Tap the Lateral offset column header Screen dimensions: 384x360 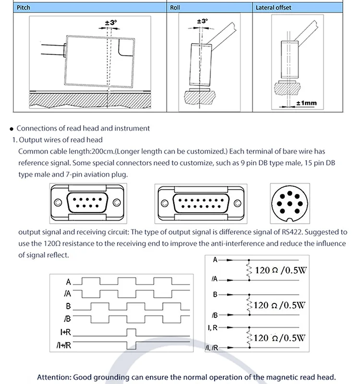point(273,8)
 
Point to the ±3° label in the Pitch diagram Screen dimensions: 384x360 point(110,23)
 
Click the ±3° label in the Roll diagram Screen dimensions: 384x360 point(203,21)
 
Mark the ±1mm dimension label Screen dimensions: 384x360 point(305,103)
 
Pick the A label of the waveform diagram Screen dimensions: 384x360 point(69,282)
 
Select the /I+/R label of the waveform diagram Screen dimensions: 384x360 point(64,345)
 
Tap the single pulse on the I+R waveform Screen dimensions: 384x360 point(131,332)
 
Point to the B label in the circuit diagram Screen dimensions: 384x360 point(215,293)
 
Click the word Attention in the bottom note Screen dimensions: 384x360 point(53,377)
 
